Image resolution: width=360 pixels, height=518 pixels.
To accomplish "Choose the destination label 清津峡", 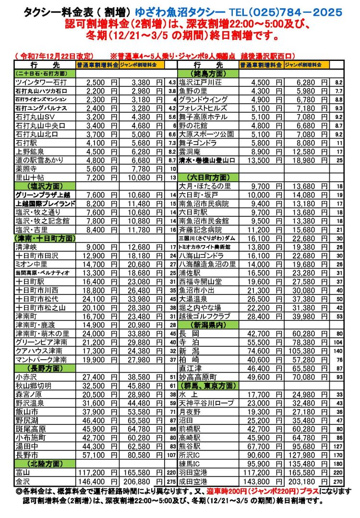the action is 28,247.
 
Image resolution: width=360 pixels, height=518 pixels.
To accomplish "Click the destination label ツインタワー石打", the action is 39,82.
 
